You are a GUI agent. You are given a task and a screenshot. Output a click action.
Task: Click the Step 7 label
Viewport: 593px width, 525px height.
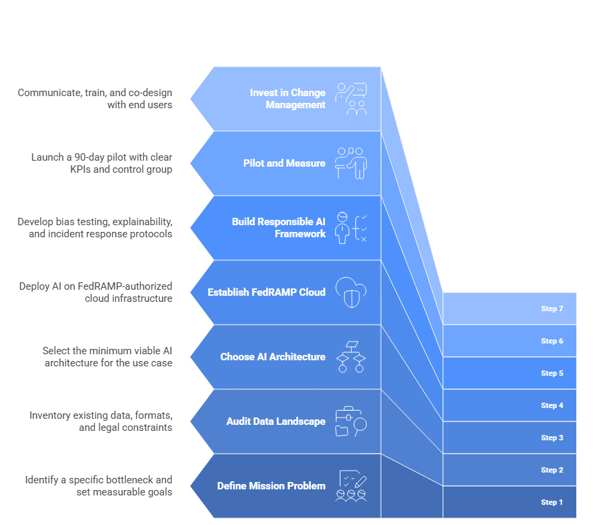tap(552, 309)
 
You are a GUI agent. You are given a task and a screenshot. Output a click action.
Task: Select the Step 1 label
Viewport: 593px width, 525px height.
tap(552, 502)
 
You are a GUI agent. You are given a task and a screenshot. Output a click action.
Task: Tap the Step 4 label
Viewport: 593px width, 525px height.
tap(552, 405)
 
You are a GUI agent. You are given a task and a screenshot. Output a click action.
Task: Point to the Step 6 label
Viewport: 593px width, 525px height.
tap(552, 341)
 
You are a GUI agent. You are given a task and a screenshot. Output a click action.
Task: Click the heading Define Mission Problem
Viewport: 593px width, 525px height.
tap(271, 486)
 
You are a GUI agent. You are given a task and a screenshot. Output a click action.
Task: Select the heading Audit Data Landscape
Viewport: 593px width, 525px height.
tap(275, 421)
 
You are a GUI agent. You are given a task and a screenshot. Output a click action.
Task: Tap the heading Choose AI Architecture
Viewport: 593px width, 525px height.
tap(273, 357)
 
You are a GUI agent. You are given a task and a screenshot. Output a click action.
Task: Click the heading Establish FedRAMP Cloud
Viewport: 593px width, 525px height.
tap(267, 292)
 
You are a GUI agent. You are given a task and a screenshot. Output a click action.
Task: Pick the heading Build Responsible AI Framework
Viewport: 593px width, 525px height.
tap(279, 227)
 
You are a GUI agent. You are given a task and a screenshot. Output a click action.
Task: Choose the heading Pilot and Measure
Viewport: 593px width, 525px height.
tap(284, 163)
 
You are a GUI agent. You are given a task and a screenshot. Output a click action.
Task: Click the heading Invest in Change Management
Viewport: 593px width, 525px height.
tap(287, 99)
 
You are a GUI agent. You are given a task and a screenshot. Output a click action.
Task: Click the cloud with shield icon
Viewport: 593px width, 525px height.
tap(351, 292)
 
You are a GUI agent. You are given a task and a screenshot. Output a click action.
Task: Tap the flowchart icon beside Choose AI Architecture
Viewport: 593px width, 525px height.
tap(351, 356)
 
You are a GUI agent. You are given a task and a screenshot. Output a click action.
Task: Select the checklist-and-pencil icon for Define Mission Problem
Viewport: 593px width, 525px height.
tap(351, 486)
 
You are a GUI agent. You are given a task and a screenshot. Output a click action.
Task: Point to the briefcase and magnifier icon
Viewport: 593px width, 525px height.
tap(351, 421)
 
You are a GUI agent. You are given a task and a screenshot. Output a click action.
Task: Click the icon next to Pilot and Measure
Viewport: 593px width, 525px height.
tap(351, 163)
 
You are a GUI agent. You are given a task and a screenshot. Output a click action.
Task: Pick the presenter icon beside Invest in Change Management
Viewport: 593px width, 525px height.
tap(351, 99)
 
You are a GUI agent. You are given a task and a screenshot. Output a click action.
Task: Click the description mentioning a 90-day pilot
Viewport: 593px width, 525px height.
tap(101, 163)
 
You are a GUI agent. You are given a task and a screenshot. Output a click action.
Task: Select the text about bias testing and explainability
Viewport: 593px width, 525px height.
tap(95, 228)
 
